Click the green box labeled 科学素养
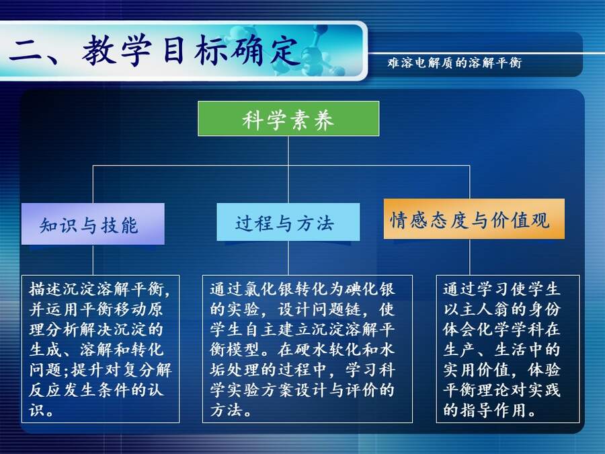(288, 118)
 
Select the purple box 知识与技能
(93, 224)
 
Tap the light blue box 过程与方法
(288, 222)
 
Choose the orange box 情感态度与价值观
(474, 219)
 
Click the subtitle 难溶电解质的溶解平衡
(454, 63)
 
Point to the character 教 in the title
(99, 50)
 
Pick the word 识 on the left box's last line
(37, 410)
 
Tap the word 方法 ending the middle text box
(226, 410)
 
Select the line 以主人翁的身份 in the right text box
(501, 309)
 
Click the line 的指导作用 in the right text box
(485, 410)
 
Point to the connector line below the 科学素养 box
(288, 151)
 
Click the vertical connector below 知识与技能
(93, 260)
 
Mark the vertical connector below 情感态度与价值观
(470, 257)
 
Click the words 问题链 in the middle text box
(336, 309)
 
